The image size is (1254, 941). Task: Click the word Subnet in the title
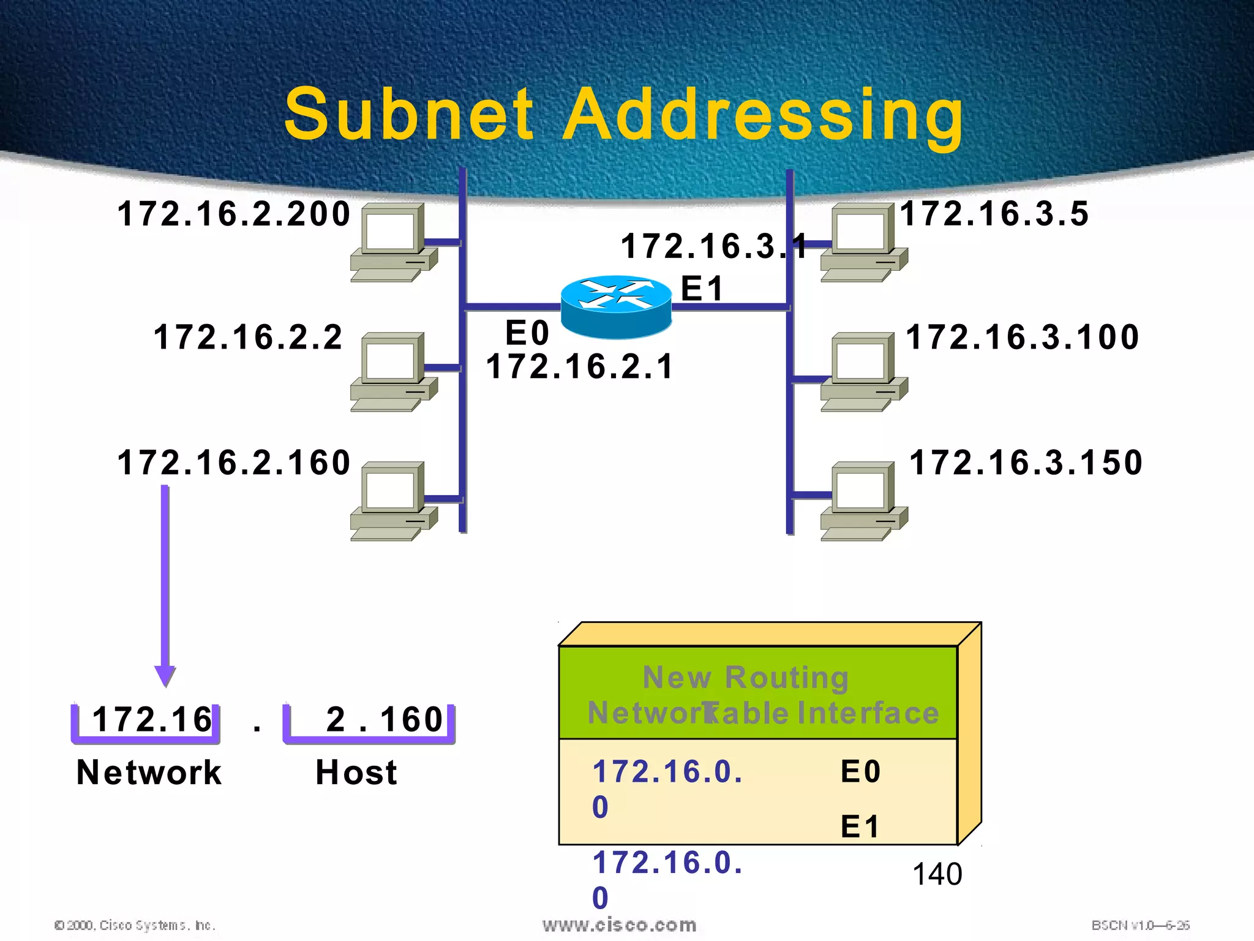[409, 115]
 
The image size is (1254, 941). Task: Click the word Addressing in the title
[762, 116]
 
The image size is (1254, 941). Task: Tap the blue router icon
[616, 306]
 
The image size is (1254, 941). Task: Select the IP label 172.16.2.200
[233, 214]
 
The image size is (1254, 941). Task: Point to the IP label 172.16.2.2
[247, 337]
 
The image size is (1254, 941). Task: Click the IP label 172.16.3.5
[994, 214]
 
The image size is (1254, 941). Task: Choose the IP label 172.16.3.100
[1022, 337]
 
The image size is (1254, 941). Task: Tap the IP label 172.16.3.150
[1026, 462]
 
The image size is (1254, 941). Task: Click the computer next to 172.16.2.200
[393, 243]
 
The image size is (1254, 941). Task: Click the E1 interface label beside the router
[702, 288]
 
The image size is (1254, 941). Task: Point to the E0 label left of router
[527, 333]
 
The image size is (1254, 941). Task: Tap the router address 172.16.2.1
[579, 366]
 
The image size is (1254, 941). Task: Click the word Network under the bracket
[149, 772]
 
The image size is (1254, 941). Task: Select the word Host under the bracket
[356, 772]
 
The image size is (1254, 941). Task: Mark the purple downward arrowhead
[165, 676]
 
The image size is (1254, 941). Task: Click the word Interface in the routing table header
[868, 713]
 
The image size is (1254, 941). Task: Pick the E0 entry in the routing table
[860, 771]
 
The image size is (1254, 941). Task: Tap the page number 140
[937, 874]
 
